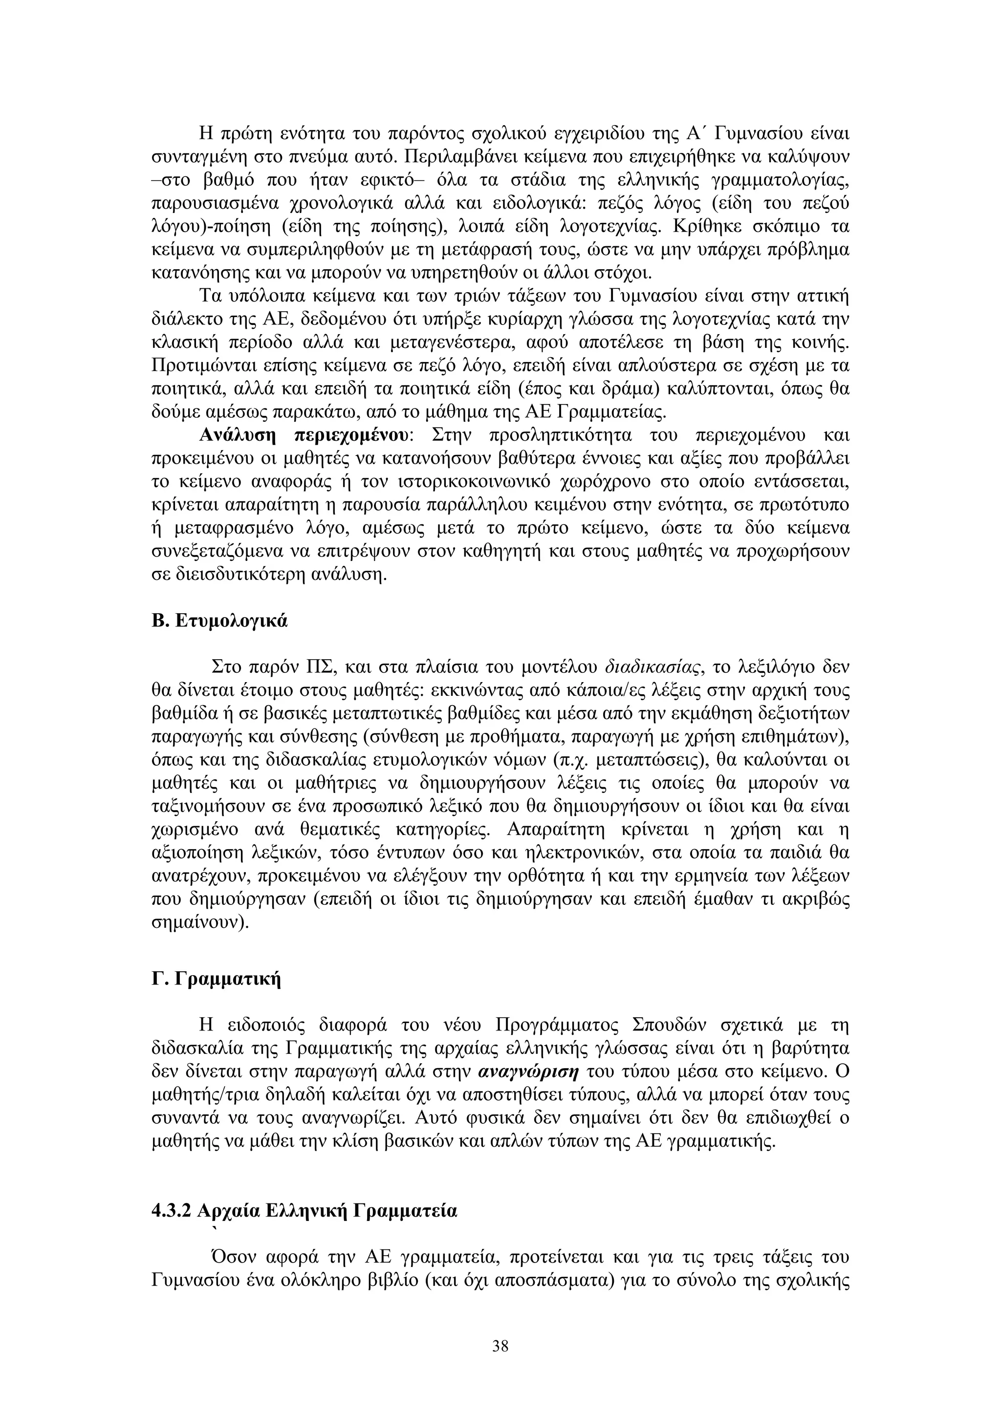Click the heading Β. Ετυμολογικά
[x=219, y=621]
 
